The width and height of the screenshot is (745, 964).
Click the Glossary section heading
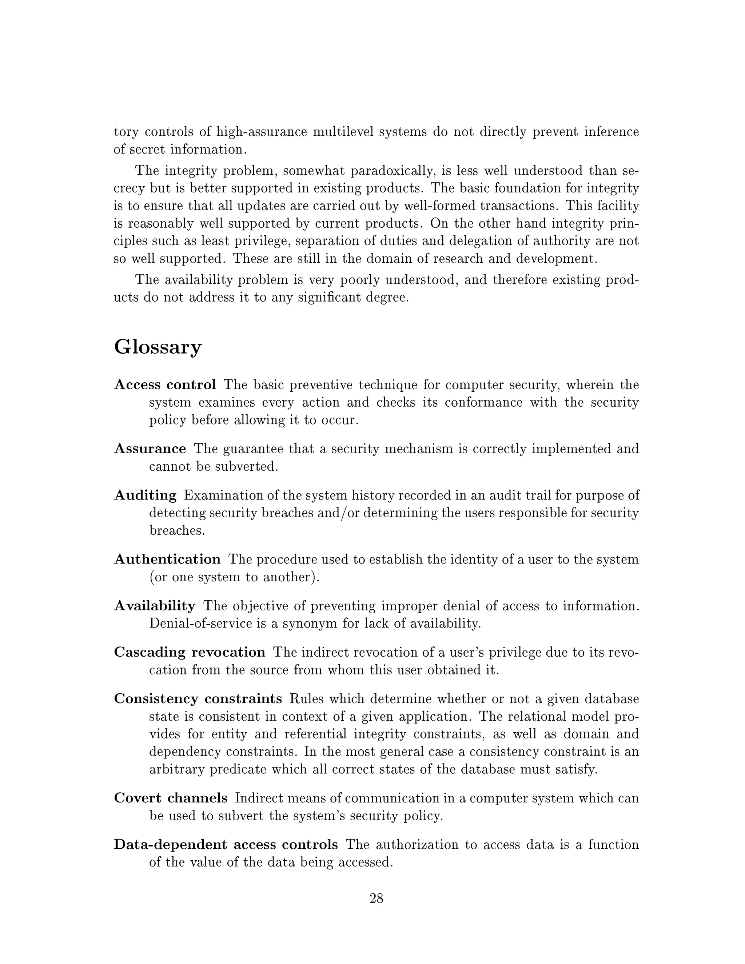click(158, 347)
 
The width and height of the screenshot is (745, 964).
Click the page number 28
click(376, 898)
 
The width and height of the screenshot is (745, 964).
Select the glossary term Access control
click(165, 385)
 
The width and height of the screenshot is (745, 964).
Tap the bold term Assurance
click(150, 449)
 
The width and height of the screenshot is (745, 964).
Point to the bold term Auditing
click(145, 495)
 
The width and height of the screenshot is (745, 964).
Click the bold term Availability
click(155, 606)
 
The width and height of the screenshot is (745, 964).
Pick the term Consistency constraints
click(198, 699)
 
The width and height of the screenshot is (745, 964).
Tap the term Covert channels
click(170, 798)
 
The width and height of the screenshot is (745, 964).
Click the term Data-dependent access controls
click(226, 845)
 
